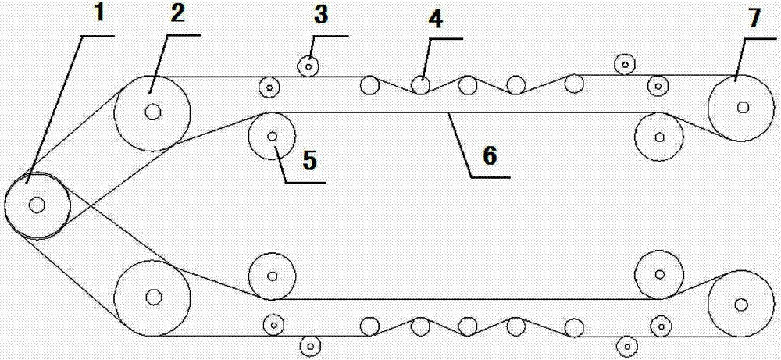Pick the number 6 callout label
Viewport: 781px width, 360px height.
pyautogui.click(x=490, y=155)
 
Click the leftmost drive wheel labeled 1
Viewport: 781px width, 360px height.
pyautogui.click(x=37, y=205)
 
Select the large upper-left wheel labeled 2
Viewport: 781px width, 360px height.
pyautogui.click(x=153, y=112)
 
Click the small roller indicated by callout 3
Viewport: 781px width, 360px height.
pyautogui.click(x=309, y=66)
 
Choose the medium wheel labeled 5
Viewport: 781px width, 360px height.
pyautogui.click(x=272, y=137)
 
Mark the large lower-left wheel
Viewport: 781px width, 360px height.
pyautogui.click(x=153, y=298)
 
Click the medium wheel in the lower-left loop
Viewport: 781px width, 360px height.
pyautogui.click(x=272, y=276)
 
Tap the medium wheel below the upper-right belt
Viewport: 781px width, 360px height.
pyautogui.click(x=660, y=137)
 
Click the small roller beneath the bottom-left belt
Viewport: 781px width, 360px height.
pyautogui.click(x=310, y=344)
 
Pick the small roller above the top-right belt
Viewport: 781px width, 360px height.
pyautogui.click(x=624, y=63)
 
